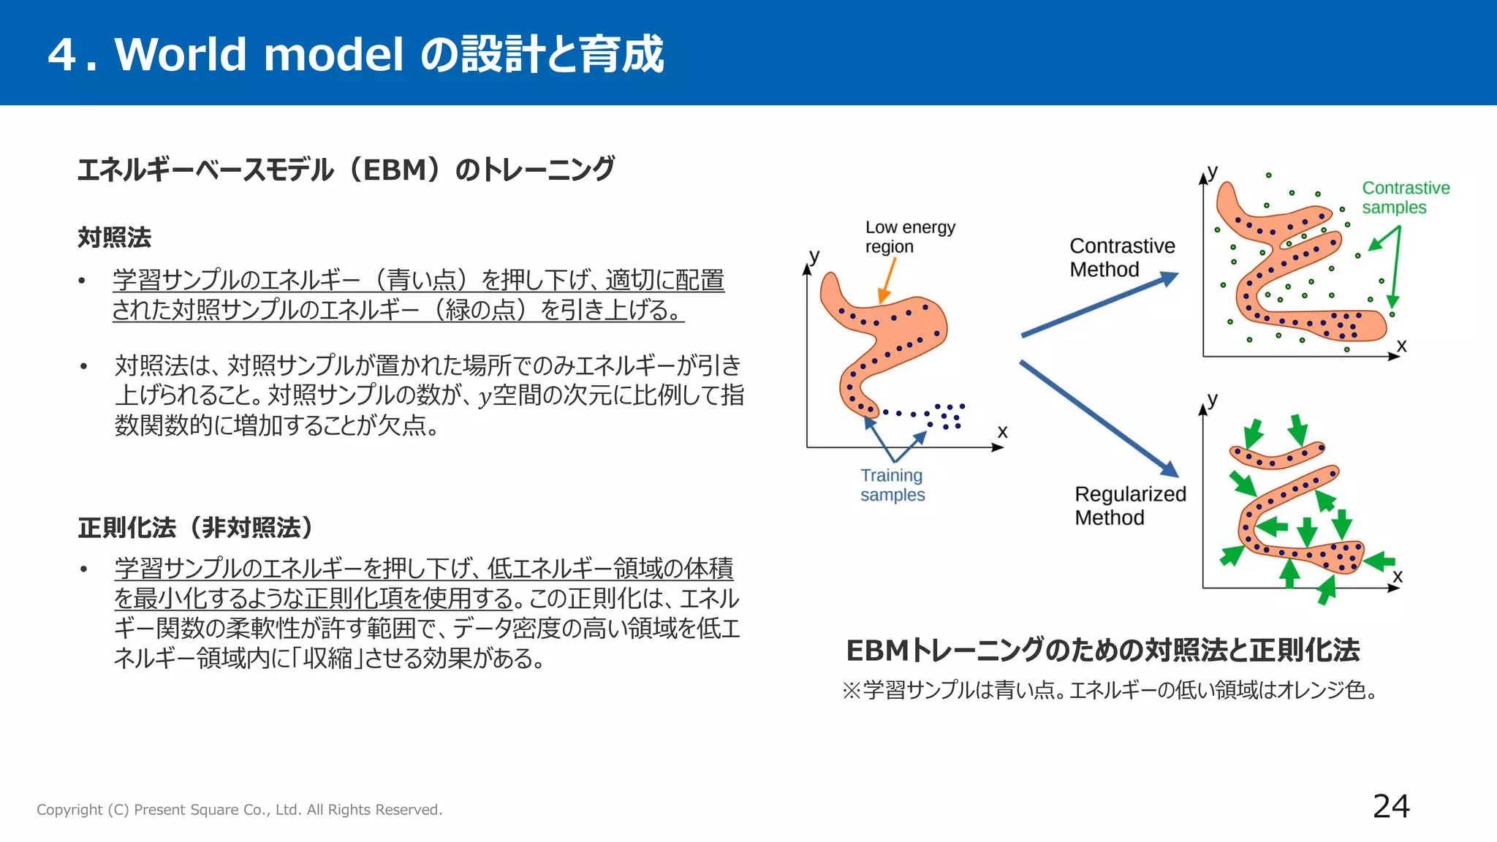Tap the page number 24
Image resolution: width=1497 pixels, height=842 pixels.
click(x=1390, y=806)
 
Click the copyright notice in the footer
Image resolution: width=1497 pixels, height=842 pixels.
click(x=239, y=810)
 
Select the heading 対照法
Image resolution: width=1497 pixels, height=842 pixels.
click(x=115, y=238)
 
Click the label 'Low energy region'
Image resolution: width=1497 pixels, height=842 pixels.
click(x=909, y=237)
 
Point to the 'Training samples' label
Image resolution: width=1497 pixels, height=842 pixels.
click(x=892, y=485)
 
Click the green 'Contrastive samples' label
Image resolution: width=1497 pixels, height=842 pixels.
click(x=1405, y=197)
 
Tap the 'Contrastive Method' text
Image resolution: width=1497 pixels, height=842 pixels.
click(x=1121, y=257)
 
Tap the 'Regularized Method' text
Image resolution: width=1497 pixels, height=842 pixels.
click(x=1129, y=506)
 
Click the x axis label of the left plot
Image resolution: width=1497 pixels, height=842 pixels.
click(x=1002, y=432)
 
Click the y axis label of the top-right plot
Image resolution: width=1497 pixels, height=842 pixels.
click(x=1213, y=172)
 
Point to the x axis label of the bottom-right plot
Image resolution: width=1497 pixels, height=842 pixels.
click(x=1398, y=576)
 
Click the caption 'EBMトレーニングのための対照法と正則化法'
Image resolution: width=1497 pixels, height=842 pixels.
click(x=1102, y=650)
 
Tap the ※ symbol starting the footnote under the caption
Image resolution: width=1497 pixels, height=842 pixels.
click(x=852, y=690)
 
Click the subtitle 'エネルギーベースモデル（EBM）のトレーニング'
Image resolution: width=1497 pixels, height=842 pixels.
click(x=346, y=170)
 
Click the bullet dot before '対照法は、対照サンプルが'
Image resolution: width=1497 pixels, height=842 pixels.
click(x=85, y=366)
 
